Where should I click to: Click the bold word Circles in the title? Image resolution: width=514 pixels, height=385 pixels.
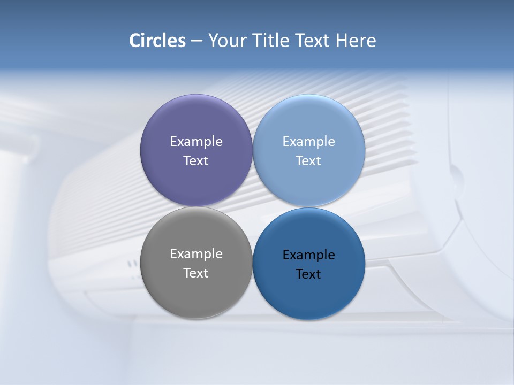click(x=157, y=41)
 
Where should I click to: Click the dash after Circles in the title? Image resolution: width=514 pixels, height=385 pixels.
click(x=196, y=41)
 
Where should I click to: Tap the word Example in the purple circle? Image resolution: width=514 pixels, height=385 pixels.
click(x=196, y=142)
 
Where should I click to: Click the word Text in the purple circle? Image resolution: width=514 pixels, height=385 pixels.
click(x=196, y=161)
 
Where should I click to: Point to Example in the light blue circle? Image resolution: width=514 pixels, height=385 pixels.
click(x=309, y=142)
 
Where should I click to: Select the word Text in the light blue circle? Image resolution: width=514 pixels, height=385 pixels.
click(x=309, y=161)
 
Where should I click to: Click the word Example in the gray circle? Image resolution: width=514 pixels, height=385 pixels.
click(x=196, y=254)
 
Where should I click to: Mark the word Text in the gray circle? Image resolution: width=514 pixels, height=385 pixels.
click(x=196, y=273)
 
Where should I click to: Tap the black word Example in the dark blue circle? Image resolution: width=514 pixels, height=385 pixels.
click(x=309, y=255)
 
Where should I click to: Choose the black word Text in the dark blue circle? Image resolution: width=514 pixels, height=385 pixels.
click(x=309, y=274)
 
